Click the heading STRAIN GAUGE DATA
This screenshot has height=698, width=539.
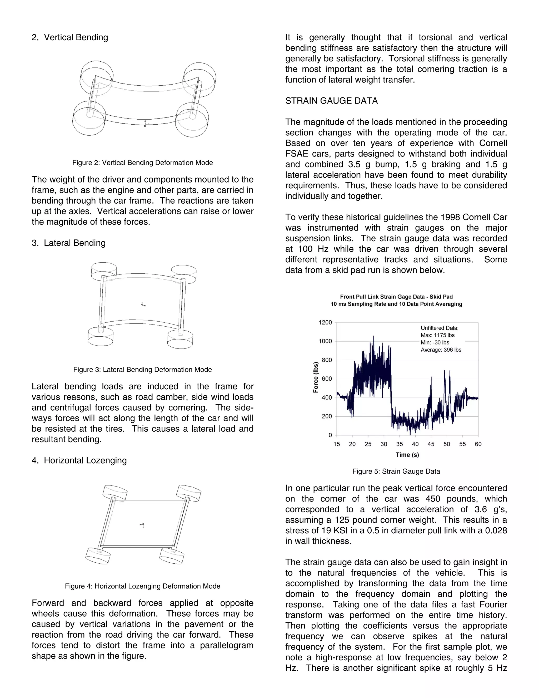click(331, 101)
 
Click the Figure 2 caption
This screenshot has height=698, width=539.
click(142, 163)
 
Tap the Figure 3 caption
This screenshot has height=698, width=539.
click(142, 370)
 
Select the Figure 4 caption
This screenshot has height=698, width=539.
click(142, 586)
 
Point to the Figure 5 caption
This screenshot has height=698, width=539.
click(396, 471)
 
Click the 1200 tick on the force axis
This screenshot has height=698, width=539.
click(325, 322)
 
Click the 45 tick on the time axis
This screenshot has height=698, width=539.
click(431, 444)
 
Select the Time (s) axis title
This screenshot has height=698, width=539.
click(407, 455)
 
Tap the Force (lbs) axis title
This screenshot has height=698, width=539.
click(316, 377)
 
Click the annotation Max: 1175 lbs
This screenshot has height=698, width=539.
click(437, 335)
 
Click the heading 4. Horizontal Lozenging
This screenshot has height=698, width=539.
click(79, 460)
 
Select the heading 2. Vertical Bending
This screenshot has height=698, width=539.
click(70, 37)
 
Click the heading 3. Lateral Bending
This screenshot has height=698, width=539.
click(69, 243)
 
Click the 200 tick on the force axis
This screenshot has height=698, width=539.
click(327, 416)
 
